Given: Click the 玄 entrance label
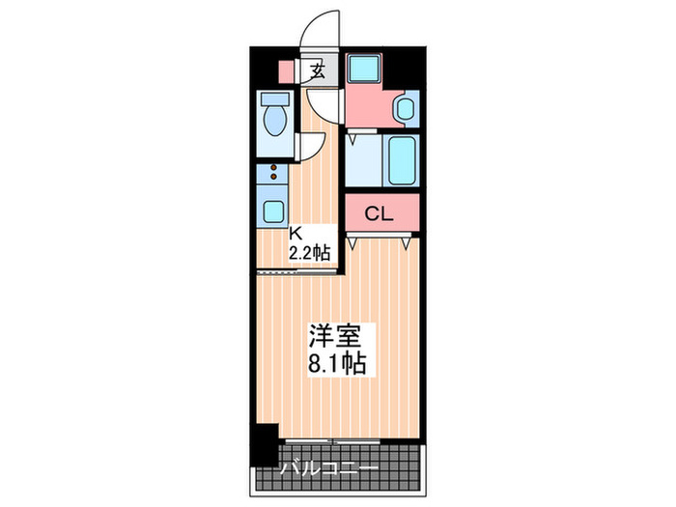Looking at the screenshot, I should tap(316, 70).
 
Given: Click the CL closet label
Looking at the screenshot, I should tap(380, 214).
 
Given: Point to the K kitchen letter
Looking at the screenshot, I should tap(298, 232).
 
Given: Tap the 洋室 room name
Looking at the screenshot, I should tap(335, 338).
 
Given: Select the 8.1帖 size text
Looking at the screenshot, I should tap(336, 365).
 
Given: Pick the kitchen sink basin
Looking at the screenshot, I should tap(273, 211).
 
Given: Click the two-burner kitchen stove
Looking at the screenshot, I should tap(273, 175).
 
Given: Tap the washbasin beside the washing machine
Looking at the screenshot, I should tap(405, 107).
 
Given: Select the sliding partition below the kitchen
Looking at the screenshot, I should tap(296, 272).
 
